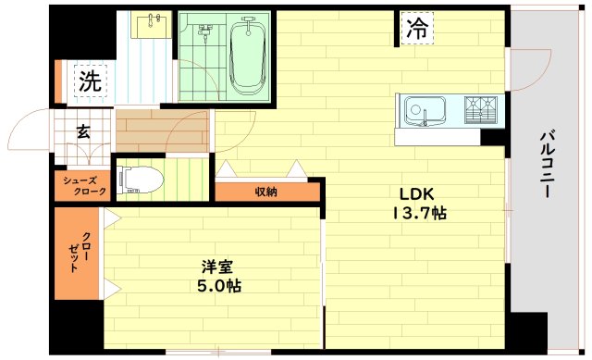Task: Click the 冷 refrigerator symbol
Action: pyautogui.click(x=417, y=28)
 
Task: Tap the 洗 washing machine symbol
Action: pyautogui.click(x=90, y=81)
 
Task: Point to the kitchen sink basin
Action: pyautogui.click(x=422, y=112)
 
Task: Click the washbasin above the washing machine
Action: pyautogui.click(x=148, y=25)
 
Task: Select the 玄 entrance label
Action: pyautogui.click(x=83, y=132)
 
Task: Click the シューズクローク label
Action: pyautogui.click(x=83, y=185)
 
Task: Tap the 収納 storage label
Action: pyautogui.click(x=267, y=192)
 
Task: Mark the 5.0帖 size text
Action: pyautogui.click(x=219, y=286)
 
